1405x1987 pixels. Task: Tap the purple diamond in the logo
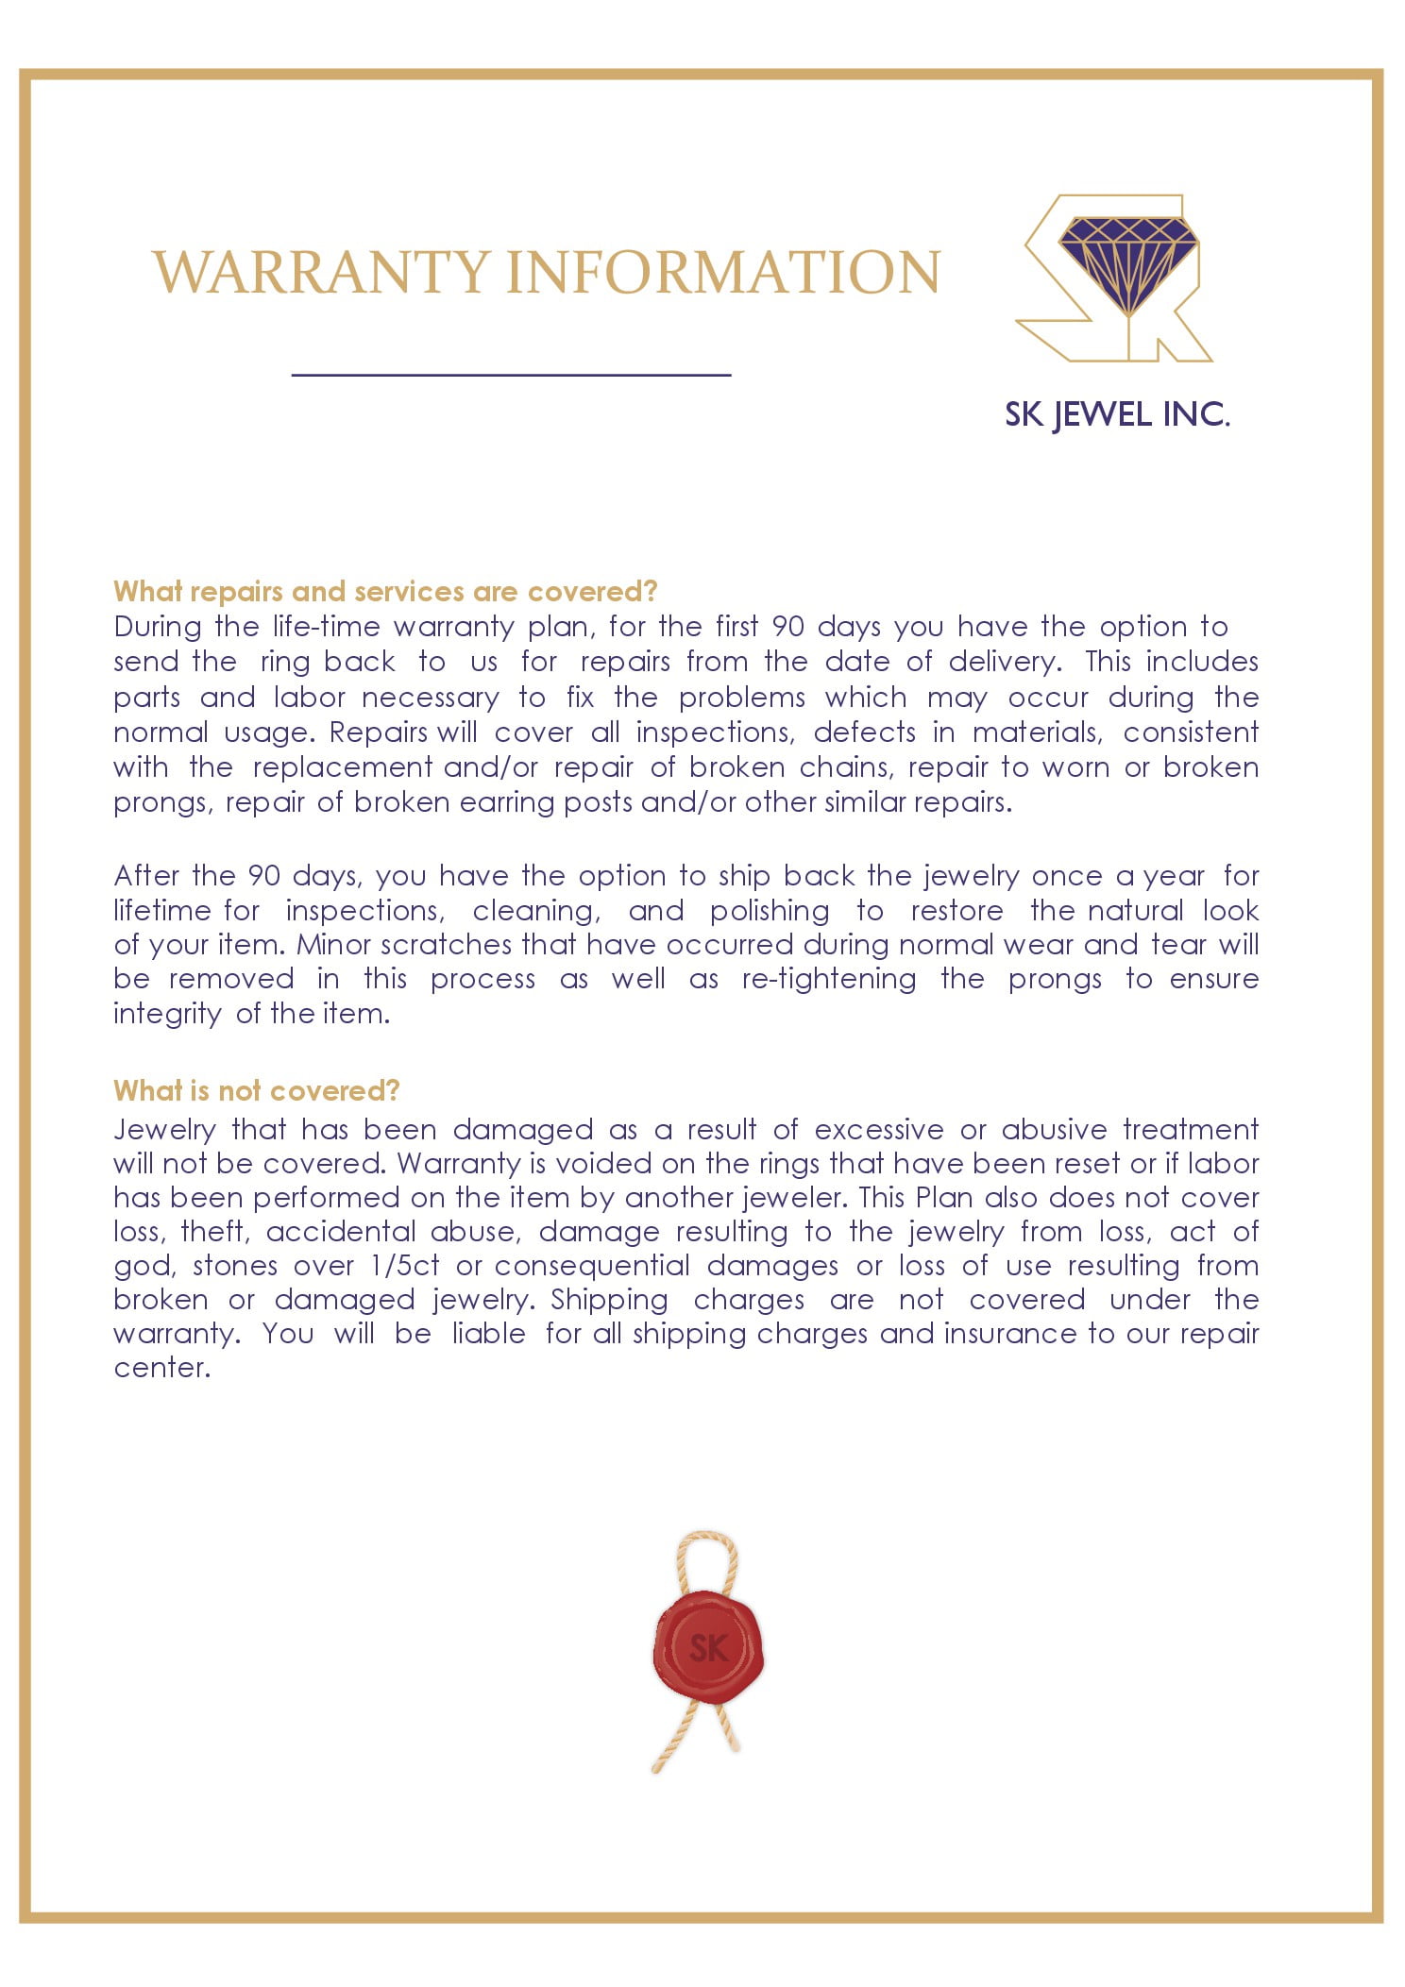pos(1127,264)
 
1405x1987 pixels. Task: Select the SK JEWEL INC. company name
pos(1117,414)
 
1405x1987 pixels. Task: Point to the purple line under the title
pos(511,375)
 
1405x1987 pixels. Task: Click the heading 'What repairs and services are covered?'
pos(385,592)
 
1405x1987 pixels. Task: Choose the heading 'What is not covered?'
pos(257,1091)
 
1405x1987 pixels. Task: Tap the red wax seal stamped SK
pos(708,1648)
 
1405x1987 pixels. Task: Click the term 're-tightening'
pos(828,979)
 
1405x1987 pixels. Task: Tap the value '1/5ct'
pos(404,1266)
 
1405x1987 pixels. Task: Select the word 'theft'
pos(215,1232)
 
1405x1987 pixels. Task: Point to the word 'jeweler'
pos(795,1198)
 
